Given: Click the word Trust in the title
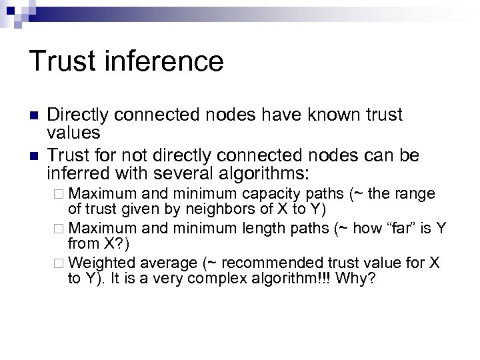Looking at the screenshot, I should [x=62, y=61].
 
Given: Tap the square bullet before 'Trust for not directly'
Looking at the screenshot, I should [x=33, y=156].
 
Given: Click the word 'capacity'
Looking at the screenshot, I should [x=269, y=195].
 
